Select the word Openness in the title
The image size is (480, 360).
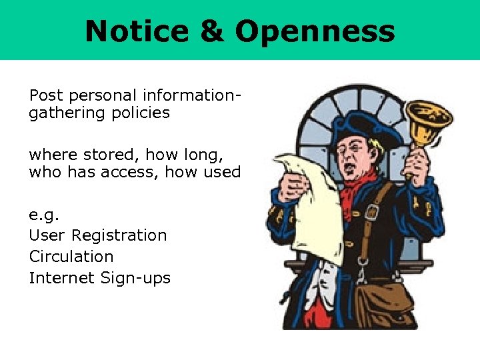click(315, 31)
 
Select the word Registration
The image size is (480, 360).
click(119, 235)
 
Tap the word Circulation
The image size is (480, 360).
click(71, 257)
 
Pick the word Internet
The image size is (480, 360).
click(61, 277)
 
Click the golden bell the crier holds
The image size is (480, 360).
click(428, 121)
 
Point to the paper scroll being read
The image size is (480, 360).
click(313, 200)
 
